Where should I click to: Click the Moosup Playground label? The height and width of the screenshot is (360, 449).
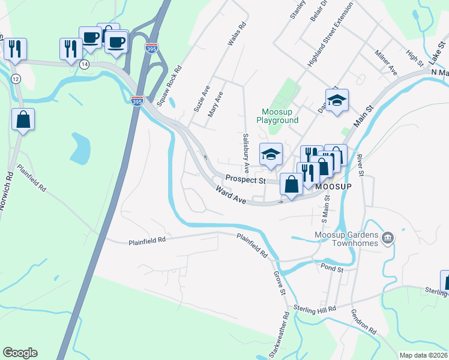(x=277, y=116)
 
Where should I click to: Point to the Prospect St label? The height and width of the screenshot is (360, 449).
(x=245, y=179)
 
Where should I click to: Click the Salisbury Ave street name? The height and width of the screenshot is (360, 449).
(x=246, y=154)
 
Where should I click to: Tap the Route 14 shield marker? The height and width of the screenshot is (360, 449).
(x=85, y=64)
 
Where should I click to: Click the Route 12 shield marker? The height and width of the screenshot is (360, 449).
(x=15, y=79)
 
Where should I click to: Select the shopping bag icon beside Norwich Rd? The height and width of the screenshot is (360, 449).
(x=23, y=119)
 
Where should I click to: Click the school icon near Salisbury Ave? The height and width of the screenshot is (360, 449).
(x=271, y=155)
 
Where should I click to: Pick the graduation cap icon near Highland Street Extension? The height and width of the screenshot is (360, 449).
(x=337, y=100)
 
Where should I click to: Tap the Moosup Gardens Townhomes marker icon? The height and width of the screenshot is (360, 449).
(x=388, y=238)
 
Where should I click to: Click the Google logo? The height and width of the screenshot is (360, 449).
(x=20, y=353)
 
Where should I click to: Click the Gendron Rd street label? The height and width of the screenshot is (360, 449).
(x=364, y=323)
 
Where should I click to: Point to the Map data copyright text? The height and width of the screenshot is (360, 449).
(x=423, y=355)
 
